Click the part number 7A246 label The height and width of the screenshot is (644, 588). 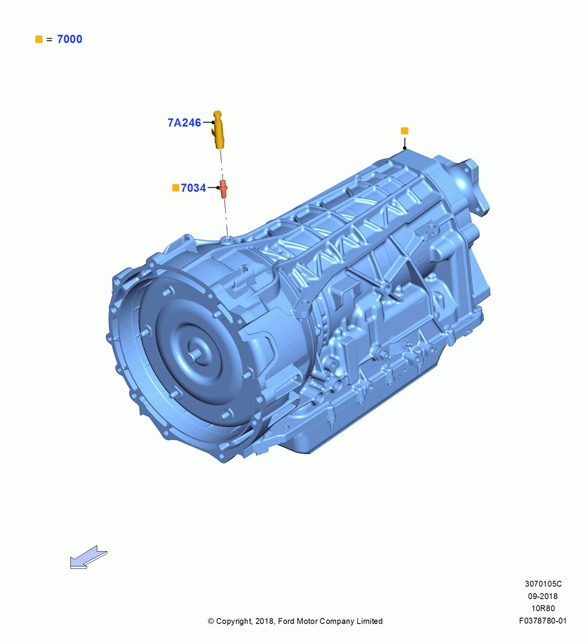(x=184, y=122)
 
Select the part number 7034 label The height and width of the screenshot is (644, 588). (x=193, y=187)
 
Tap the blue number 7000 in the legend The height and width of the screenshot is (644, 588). (x=70, y=39)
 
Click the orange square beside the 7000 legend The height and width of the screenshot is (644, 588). (x=39, y=39)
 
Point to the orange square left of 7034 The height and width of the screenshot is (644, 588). (x=175, y=187)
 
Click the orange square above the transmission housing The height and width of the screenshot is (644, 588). (x=405, y=131)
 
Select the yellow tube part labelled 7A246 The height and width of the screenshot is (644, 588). (x=219, y=129)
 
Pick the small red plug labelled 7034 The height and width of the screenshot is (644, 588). (x=223, y=189)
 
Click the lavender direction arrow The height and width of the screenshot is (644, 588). (x=88, y=557)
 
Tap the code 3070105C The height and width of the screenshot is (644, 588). (x=543, y=583)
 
